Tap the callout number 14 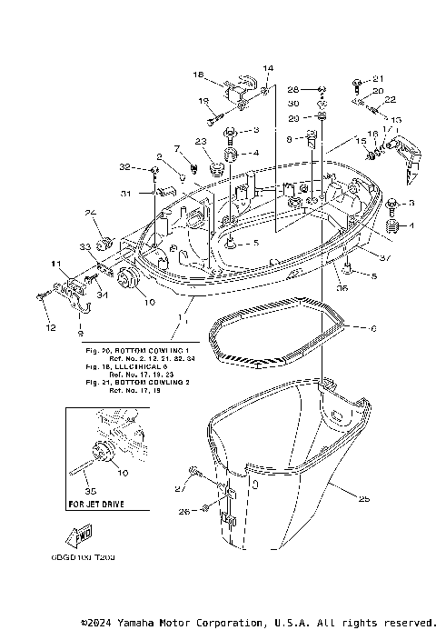(268, 68)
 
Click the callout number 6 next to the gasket (372, 327)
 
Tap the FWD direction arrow (83, 536)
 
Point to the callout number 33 (84, 246)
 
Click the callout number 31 (127, 194)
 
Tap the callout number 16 (372, 133)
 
